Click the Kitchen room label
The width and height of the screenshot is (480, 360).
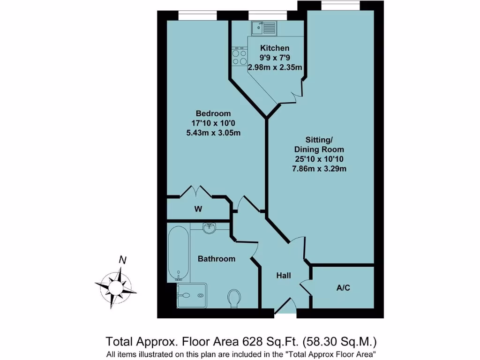(x=275, y=48)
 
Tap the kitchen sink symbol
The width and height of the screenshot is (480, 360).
(x=264, y=28)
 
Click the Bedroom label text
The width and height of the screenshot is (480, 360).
(x=213, y=113)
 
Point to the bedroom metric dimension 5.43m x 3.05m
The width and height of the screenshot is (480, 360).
(x=213, y=133)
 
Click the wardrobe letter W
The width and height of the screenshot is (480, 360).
(x=198, y=209)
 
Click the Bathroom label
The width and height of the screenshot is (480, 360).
(x=216, y=259)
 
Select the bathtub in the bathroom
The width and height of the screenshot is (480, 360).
(x=178, y=254)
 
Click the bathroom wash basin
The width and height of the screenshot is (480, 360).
(x=210, y=227)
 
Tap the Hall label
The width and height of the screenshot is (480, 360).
(x=283, y=276)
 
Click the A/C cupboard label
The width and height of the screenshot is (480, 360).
(x=343, y=288)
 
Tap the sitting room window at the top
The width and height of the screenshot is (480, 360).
(x=340, y=6)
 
